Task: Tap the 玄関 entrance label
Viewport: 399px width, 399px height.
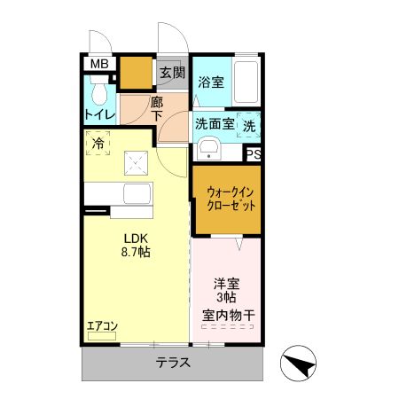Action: pos(171,73)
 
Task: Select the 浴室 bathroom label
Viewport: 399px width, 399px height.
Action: pos(210,82)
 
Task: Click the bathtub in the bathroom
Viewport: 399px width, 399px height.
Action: pos(246,82)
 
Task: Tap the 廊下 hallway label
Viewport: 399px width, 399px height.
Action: pos(156,108)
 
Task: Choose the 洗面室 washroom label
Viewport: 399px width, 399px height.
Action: pos(215,124)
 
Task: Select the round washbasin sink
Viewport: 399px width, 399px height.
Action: pos(209,147)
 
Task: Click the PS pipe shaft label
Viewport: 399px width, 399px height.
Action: pos(254,155)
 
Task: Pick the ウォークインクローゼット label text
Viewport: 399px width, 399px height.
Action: pos(231,198)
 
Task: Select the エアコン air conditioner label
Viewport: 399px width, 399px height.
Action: pos(103,327)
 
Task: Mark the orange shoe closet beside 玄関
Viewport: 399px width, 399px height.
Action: pos(137,74)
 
